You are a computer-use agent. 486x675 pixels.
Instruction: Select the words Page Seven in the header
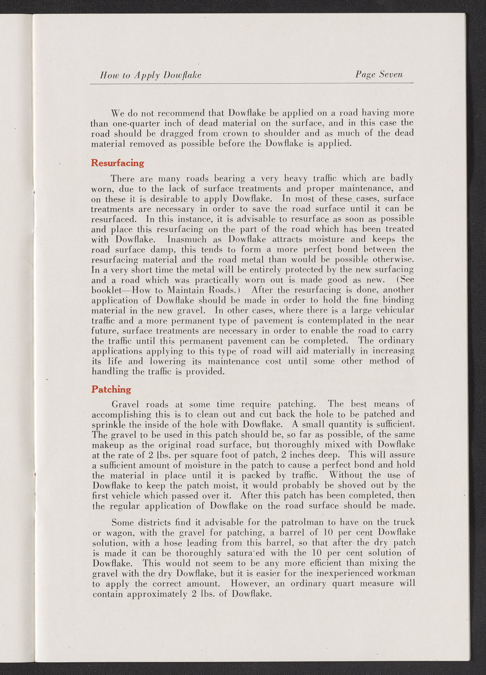click(379, 75)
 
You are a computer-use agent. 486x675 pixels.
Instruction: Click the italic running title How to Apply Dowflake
click(151, 75)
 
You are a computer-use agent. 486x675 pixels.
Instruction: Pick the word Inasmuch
click(187, 240)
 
